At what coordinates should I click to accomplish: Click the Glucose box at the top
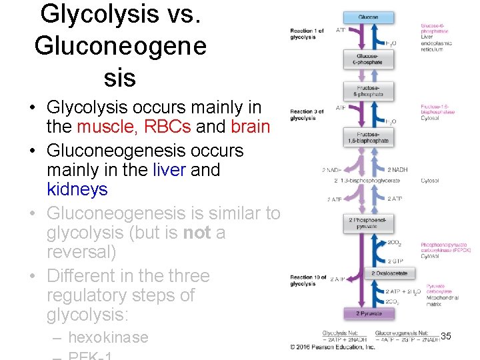368,17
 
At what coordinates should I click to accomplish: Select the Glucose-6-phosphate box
368,59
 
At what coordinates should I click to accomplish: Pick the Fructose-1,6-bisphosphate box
368,137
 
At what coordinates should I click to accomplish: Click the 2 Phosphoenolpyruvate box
368,223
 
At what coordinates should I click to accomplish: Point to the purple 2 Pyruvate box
368,313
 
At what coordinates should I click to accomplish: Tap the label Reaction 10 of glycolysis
307,281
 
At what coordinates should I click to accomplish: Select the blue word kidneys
77,189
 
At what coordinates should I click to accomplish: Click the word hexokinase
108,337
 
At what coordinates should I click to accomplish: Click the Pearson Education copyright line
333,347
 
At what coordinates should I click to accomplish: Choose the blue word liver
169,170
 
